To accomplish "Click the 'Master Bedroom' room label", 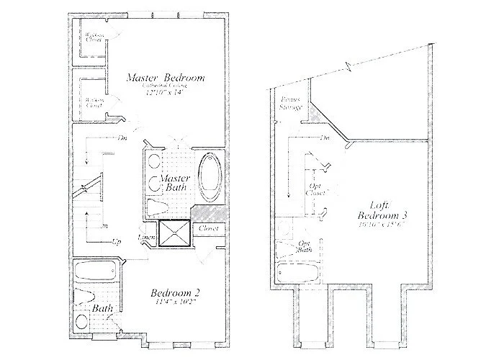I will coord(166,77).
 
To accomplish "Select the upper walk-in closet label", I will coord(93,37).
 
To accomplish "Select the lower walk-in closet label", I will coord(93,103).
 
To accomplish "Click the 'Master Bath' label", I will coord(174,183).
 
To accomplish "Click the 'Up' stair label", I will coord(115,242).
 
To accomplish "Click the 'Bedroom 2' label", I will coord(175,293).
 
